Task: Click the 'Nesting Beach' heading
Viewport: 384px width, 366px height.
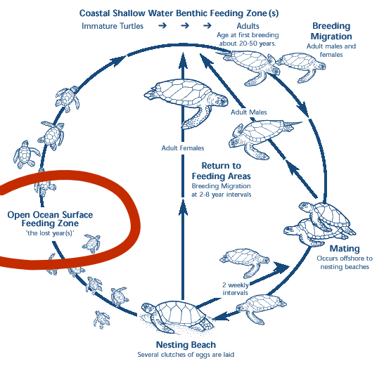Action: [x=186, y=345]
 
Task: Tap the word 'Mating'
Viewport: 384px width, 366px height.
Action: [x=345, y=248]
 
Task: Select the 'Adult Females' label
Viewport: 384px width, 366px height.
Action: [x=183, y=148]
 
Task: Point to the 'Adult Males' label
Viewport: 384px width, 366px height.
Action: [x=248, y=112]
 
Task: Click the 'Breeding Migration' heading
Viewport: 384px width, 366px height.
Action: [x=331, y=31]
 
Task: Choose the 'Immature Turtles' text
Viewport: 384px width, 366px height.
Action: [x=113, y=26]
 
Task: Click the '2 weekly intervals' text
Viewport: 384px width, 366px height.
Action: [x=236, y=289]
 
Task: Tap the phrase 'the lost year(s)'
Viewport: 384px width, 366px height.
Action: [x=50, y=233]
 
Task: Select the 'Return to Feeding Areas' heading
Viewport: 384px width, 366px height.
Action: [x=221, y=171]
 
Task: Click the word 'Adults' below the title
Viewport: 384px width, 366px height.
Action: [x=248, y=26]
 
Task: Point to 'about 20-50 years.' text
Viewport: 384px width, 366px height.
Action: [x=248, y=44]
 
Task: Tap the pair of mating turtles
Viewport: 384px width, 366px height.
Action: [x=320, y=224]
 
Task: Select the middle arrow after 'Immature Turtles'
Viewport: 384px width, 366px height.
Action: [x=185, y=25]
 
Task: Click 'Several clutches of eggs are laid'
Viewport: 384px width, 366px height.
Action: [x=186, y=355]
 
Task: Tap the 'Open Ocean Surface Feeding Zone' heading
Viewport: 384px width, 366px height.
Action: [x=50, y=219]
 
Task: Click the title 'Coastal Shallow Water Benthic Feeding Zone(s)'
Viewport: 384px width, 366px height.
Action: [x=179, y=13]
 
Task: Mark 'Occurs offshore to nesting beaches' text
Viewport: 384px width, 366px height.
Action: [x=345, y=263]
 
